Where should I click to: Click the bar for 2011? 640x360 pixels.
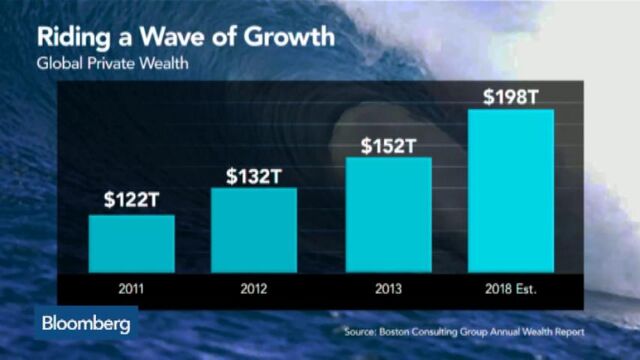pyautogui.click(x=131, y=243)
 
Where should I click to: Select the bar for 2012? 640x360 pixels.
pyautogui.click(x=253, y=230)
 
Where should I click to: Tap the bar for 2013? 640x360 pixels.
pyautogui.click(x=388, y=214)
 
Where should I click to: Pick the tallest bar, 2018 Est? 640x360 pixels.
pyautogui.click(x=511, y=190)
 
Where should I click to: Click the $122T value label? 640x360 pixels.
pyautogui.click(x=131, y=199)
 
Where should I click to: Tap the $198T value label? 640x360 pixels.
pyautogui.click(x=511, y=97)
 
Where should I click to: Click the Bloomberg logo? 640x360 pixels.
pyautogui.click(x=86, y=325)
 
